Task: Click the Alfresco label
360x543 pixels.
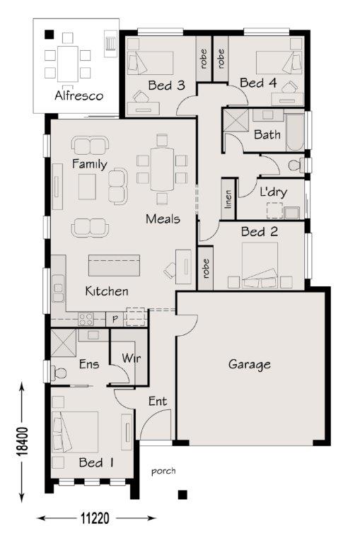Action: (79, 95)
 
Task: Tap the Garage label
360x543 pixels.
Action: (250, 365)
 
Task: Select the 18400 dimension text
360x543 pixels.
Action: (23, 441)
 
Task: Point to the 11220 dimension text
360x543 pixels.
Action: (95, 518)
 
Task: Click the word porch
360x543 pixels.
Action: (163, 472)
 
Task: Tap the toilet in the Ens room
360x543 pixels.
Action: (58, 373)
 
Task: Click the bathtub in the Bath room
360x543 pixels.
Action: (295, 132)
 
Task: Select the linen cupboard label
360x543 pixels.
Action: (228, 199)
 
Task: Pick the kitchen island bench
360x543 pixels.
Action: (114, 265)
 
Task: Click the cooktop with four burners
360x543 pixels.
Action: (86, 319)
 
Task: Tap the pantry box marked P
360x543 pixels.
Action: (115, 319)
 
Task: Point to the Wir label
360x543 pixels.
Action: (132, 358)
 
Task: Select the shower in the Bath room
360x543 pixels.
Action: (236, 120)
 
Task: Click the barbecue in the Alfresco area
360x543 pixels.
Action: (110, 44)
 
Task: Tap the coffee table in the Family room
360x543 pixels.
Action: (87, 187)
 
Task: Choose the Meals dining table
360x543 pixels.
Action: (162, 169)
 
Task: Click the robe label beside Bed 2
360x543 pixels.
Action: (206, 269)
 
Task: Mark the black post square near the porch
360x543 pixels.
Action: (182, 494)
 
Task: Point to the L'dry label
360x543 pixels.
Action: (274, 192)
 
